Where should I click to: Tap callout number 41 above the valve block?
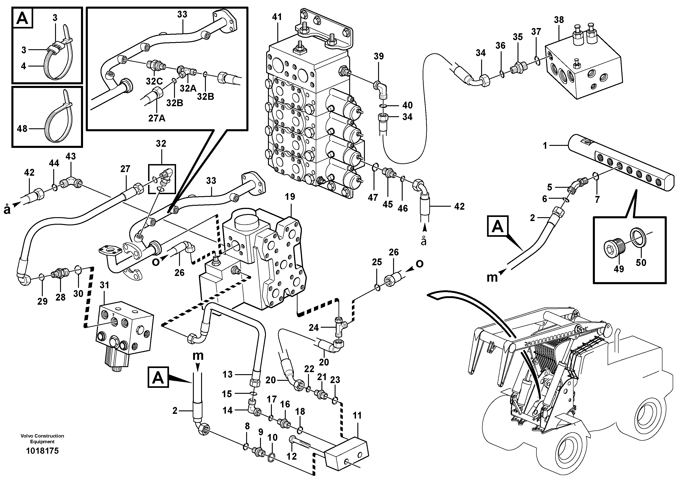pyautogui.click(x=277, y=17)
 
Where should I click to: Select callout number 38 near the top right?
pyautogui.click(x=559, y=20)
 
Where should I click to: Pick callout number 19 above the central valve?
pyautogui.click(x=290, y=197)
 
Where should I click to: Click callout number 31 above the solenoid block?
pyautogui.click(x=104, y=285)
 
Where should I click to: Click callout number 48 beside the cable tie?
pyautogui.click(x=22, y=129)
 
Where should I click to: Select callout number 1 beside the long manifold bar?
pyautogui.click(x=545, y=146)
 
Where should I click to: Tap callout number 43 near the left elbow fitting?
pyautogui.click(x=71, y=157)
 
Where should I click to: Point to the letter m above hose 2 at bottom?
pyautogui.click(x=198, y=356)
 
